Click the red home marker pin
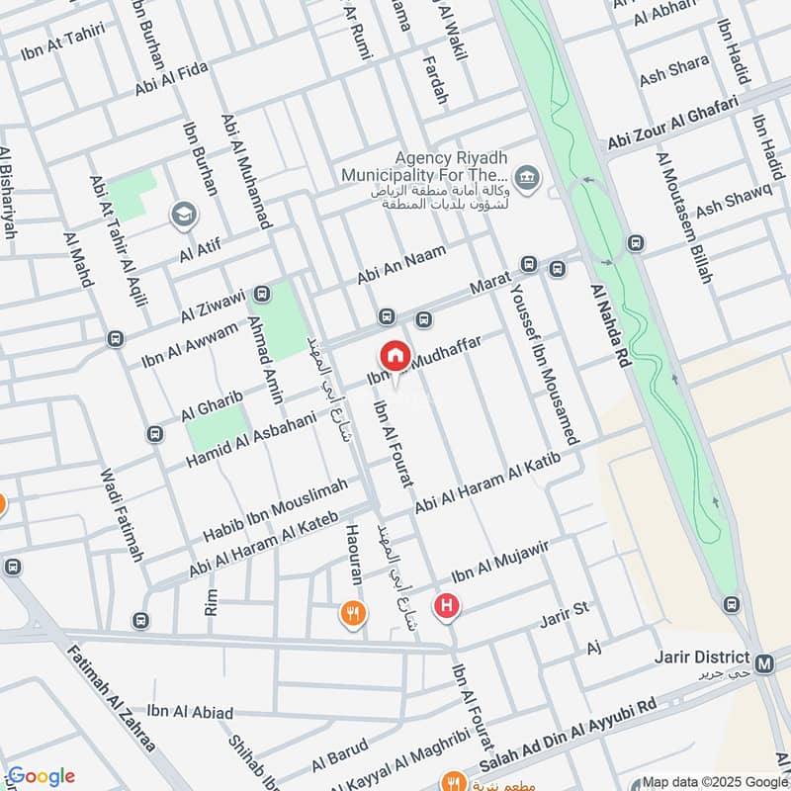click(395, 356)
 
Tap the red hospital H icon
click(447, 605)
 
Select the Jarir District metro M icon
click(764, 664)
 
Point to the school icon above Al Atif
click(183, 214)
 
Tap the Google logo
click(41, 776)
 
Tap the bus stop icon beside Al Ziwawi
click(262, 294)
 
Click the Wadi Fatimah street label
click(123, 514)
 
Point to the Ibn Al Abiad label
click(190, 712)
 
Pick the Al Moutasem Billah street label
click(684, 219)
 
